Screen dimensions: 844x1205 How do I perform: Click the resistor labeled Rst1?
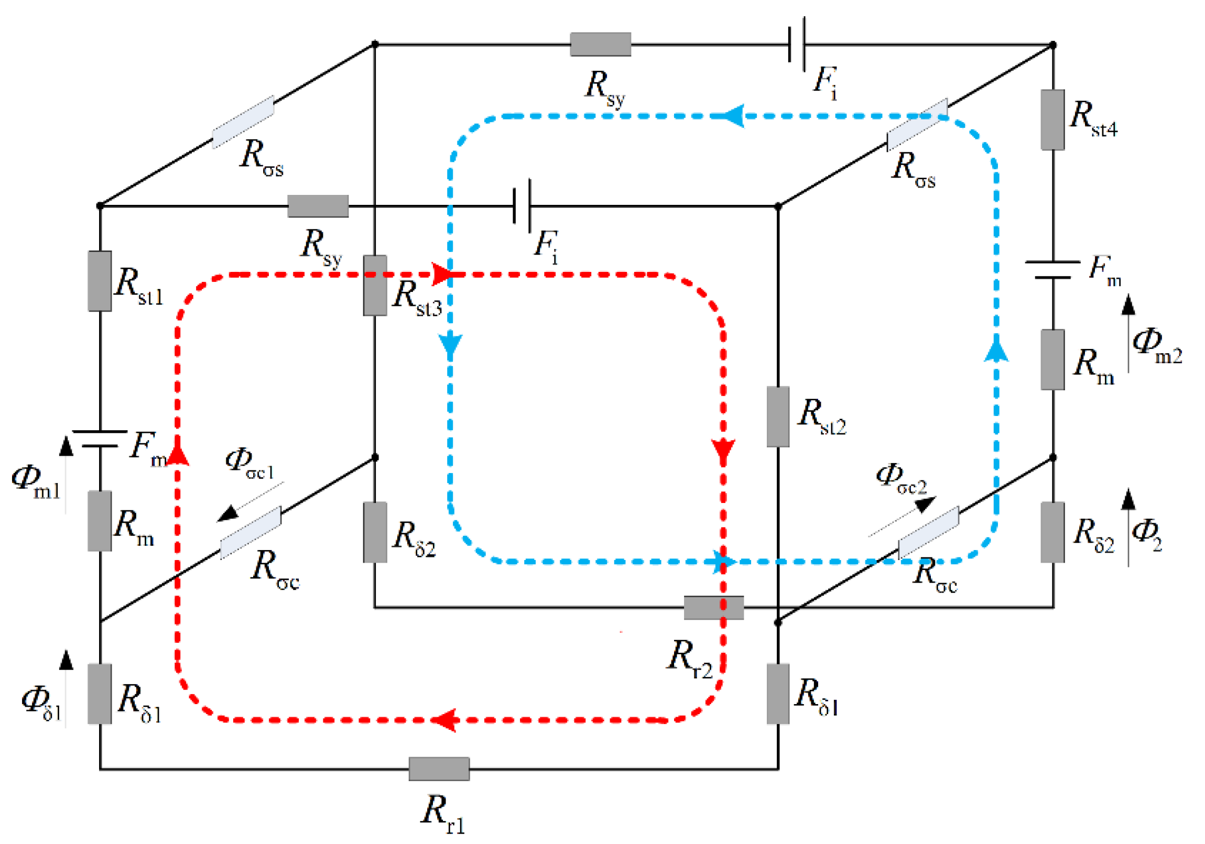[x=99, y=281]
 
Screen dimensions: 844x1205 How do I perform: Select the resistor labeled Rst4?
[x=1053, y=119]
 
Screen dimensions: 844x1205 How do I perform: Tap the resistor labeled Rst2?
[x=778, y=416]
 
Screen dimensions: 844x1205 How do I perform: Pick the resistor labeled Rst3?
[x=375, y=286]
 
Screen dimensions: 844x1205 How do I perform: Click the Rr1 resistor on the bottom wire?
[x=439, y=769]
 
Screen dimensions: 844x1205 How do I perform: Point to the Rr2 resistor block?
[x=713, y=607]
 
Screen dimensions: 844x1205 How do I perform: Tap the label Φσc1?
[x=249, y=464]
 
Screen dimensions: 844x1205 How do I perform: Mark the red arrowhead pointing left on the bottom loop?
[x=443, y=720]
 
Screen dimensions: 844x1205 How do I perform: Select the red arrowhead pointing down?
[x=723, y=451]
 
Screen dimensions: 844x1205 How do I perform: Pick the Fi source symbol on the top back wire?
[x=797, y=45]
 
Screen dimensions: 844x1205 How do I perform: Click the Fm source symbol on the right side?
[x=1053, y=270]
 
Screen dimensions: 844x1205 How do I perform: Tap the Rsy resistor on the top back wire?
[x=600, y=45]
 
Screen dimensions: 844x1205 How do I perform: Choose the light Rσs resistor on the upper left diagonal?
[x=243, y=122]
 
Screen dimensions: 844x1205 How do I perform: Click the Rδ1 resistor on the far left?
[x=99, y=694]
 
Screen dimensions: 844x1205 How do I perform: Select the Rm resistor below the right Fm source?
[x=1053, y=360]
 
